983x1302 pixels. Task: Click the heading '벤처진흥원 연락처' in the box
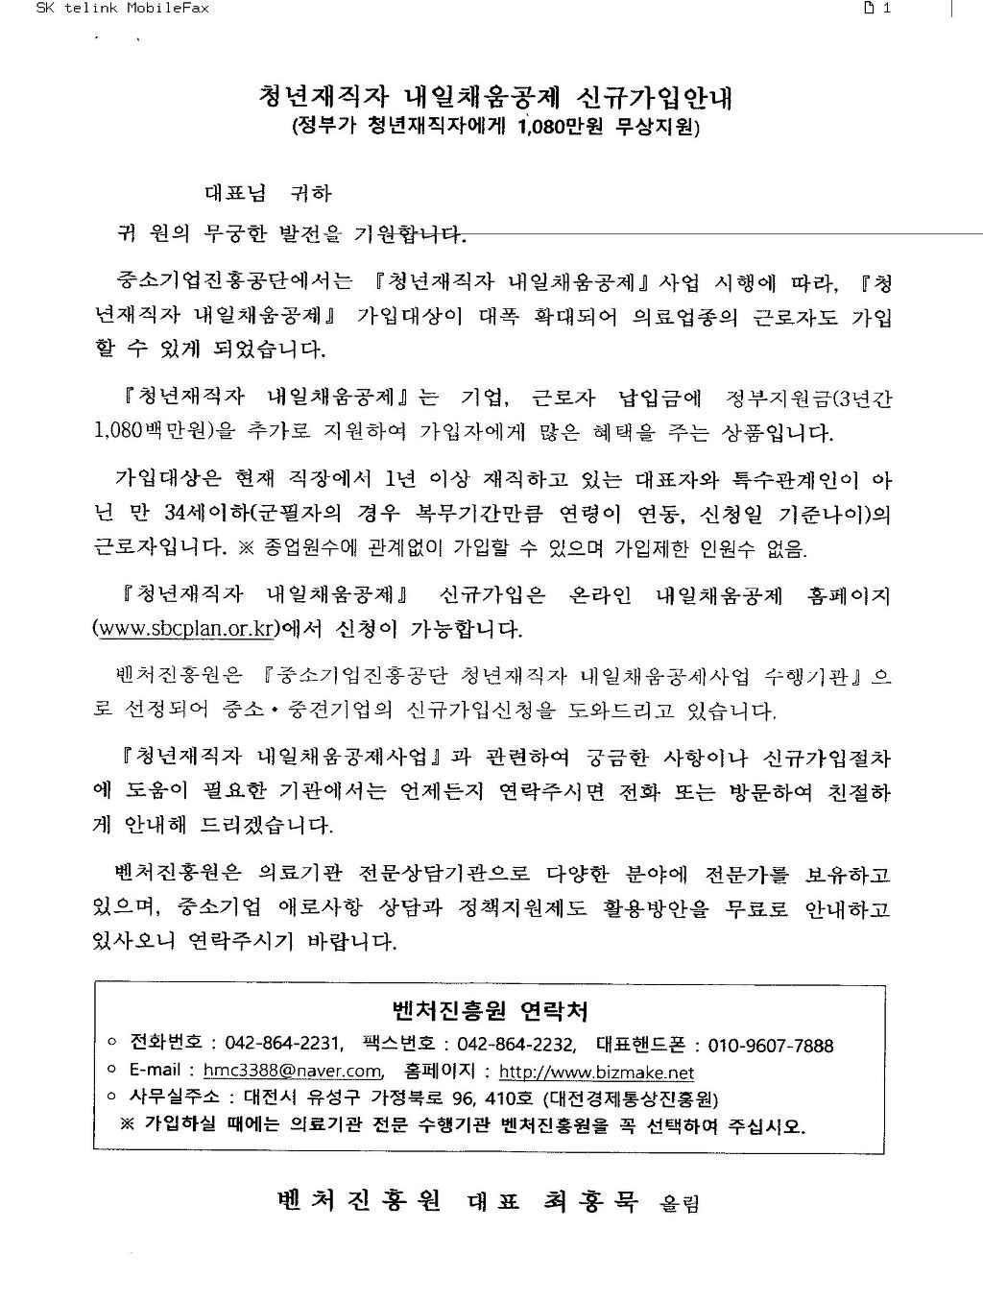[x=491, y=1010]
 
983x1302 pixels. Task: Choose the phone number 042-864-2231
[x=283, y=1046]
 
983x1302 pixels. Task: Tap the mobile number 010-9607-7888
[x=771, y=1046]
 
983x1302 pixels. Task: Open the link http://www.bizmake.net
[x=596, y=1073]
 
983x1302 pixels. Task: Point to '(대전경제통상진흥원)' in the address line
[x=630, y=1098]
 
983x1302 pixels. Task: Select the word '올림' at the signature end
[x=680, y=1203]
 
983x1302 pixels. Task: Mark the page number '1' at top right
[x=887, y=9]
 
